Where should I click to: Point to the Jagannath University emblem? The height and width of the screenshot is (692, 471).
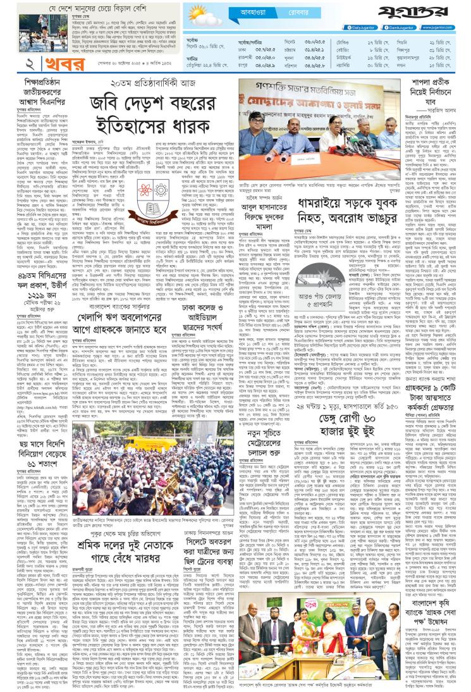tap(142, 195)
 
